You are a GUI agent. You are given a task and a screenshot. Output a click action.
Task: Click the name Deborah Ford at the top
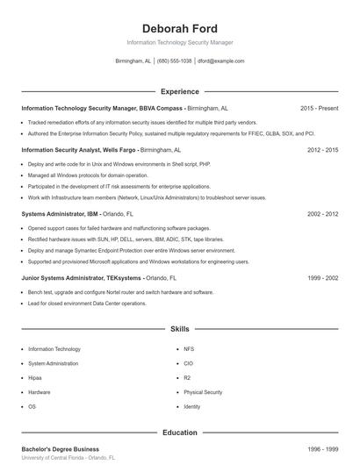click(179, 28)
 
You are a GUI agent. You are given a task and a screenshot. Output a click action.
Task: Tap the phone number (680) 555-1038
click(174, 61)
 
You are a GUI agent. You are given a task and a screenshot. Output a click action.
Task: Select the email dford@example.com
click(220, 61)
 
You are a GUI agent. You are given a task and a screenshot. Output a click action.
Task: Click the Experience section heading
click(179, 91)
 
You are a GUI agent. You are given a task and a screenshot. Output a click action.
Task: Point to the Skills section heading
click(179, 329)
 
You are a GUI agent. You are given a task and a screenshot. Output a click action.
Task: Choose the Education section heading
click(179, 433)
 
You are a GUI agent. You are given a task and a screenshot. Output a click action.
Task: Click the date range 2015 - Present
click(319, 108)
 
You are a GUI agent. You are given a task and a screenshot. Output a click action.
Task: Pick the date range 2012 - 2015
click(322, 150)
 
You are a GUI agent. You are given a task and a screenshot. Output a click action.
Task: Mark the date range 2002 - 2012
click(322, 213)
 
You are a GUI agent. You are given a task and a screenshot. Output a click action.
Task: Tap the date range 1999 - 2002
click(322, 277)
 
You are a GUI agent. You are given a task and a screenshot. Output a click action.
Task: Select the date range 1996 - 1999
click(322, 448)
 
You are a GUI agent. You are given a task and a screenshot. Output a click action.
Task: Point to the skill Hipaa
click(37, 377)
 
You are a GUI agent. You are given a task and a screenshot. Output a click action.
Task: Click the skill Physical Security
click(203, 392)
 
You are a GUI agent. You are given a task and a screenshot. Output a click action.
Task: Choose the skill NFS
click(188, 348)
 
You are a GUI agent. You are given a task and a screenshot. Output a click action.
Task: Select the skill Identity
click(192, 407)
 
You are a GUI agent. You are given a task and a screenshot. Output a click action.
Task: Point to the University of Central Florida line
click(68, 458)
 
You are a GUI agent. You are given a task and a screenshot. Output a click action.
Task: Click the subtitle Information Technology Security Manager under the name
click(179, 42)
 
